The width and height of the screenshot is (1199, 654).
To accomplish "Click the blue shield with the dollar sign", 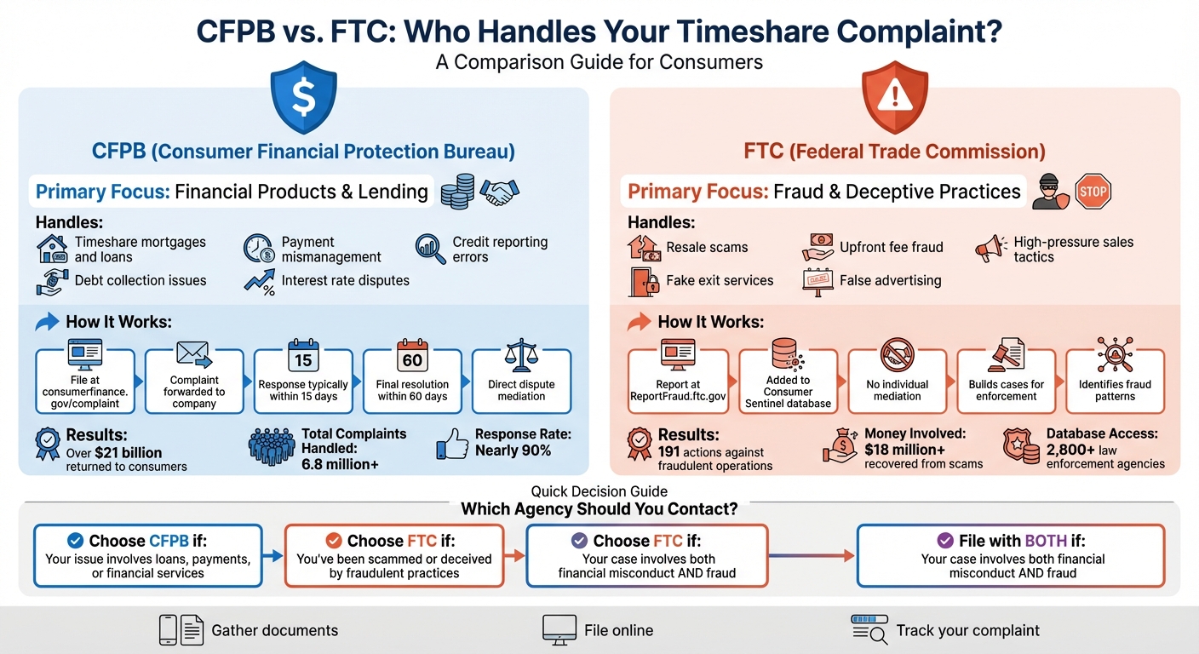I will click(x=303, y=100).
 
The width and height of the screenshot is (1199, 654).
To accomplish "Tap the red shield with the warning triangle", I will click(x=895, y=100).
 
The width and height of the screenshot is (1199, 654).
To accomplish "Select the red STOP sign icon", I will click(x=1093, y=191).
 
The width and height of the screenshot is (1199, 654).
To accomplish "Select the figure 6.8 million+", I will click(x=340, y=464).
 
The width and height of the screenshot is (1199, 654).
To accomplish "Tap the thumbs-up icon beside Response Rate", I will click(x=452, y=445).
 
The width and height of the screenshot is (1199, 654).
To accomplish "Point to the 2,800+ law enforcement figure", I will click(x=1075, y=450).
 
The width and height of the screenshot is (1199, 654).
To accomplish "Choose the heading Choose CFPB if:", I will click(x=147, y=541).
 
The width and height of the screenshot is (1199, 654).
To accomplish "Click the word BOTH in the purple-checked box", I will click(x=1047, y=541).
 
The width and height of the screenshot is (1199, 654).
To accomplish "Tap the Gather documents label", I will click(x=274, y=631).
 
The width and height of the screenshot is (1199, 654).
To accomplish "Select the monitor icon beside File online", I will click(x=559, y=630).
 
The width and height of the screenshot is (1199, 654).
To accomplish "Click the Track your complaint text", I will click(x=967, y=631).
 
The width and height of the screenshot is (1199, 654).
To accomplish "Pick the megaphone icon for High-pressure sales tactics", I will click(x=990, y=249).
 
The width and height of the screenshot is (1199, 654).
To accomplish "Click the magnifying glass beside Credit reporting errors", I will click(x=431, y=249).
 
